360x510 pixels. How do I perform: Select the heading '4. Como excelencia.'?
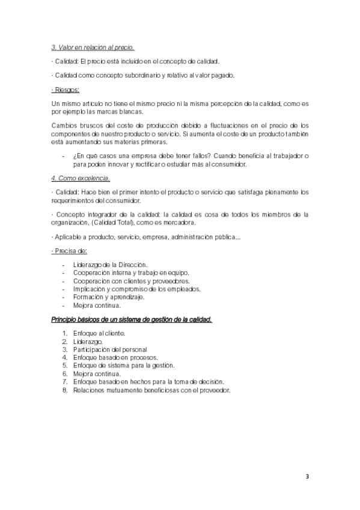(x=81, y=179)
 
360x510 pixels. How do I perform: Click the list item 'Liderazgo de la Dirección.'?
(x=110, y=265)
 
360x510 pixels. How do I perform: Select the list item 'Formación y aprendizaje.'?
(x=109, y=297)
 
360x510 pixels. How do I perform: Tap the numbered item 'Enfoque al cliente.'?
(x=99, y=333)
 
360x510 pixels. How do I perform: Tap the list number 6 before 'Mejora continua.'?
(x=64, y=373)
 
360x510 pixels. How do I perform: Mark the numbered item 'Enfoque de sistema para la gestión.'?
(x=124, y=365)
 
